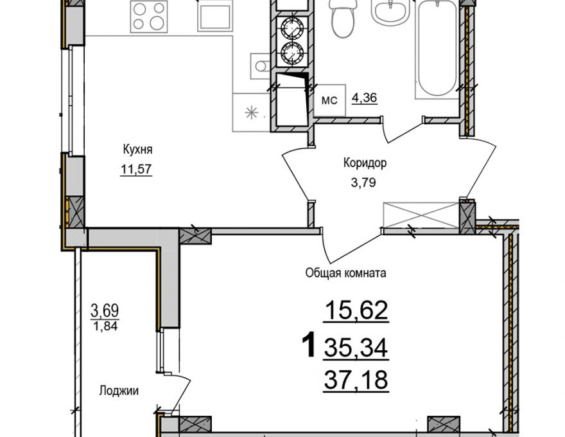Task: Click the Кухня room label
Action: point(137,149)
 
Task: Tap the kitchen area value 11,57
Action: point(136,169)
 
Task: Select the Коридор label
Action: point(365,163)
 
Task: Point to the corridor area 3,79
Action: point(363,183)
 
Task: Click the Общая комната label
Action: point(345,273)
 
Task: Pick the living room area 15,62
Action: point(357,310)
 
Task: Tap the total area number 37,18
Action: point(356,380)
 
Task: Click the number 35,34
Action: point(356,348)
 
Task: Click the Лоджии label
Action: point(119,391)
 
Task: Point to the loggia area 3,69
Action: point(105,310)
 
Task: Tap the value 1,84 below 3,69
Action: point(105,326)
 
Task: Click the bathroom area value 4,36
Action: point(364,98)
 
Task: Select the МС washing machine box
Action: point(330,100)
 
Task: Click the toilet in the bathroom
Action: point(343,19)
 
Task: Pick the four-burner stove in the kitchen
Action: point(149,16)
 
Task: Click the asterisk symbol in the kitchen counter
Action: point(252,113)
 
